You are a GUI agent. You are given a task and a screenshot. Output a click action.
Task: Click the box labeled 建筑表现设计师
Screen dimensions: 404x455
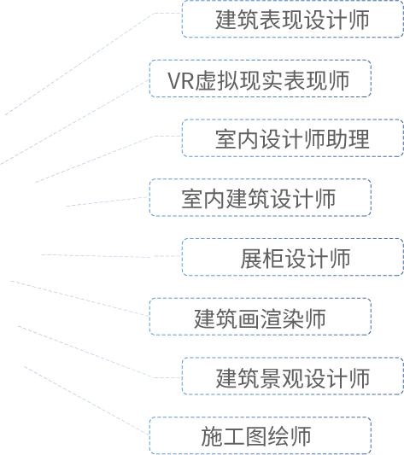[293, 19]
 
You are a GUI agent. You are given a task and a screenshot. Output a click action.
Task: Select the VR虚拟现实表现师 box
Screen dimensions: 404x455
[261, 79]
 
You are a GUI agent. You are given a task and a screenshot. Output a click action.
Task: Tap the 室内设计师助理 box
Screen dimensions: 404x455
[293, 138]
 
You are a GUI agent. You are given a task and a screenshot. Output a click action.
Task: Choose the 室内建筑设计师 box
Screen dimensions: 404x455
[261, 197]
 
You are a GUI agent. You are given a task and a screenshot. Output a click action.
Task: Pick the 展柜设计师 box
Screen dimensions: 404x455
[293, 257]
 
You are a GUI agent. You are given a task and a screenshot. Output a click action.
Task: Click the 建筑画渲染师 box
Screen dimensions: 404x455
[261, 317]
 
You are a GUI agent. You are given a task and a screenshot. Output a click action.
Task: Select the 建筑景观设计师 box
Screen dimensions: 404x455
[293, 376]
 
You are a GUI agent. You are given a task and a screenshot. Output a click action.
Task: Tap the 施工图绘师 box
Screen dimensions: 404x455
[261, 435]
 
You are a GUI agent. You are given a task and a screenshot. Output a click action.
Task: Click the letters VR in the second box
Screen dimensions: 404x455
[181, 80]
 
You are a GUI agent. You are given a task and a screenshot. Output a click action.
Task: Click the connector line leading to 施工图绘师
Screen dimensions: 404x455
[86, 400]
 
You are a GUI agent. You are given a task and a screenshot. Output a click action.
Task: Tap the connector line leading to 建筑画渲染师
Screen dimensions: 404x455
[80, 298]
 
